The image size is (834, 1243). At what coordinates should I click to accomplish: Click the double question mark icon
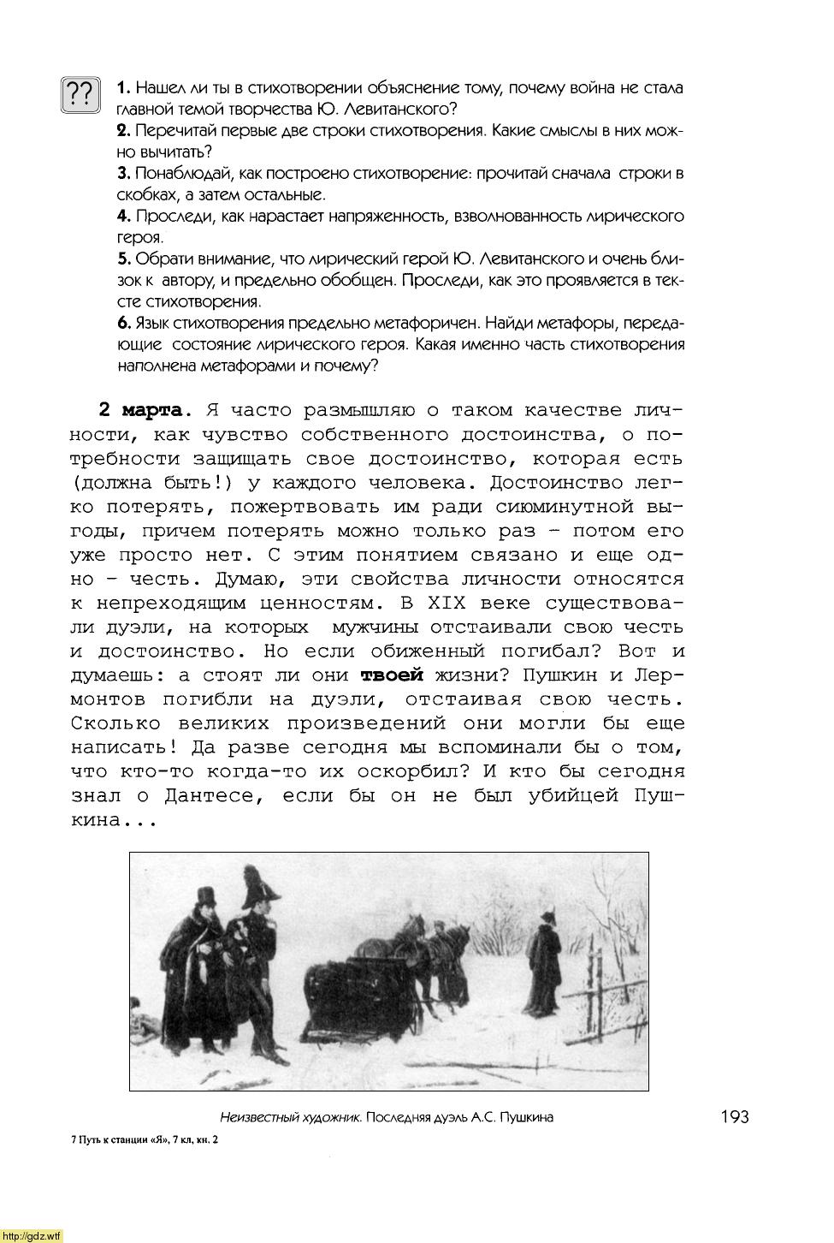[x=80, y=95]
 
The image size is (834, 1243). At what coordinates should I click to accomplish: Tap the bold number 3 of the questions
[x=122, y=174]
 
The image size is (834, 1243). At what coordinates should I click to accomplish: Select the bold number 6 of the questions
[x=122, y=323]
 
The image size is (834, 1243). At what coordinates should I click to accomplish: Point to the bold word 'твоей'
[x=392, y=675]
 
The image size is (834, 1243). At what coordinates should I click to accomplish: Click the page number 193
[x=733, y=1116]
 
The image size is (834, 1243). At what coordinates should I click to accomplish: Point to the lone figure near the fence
[x=542, y=959]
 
